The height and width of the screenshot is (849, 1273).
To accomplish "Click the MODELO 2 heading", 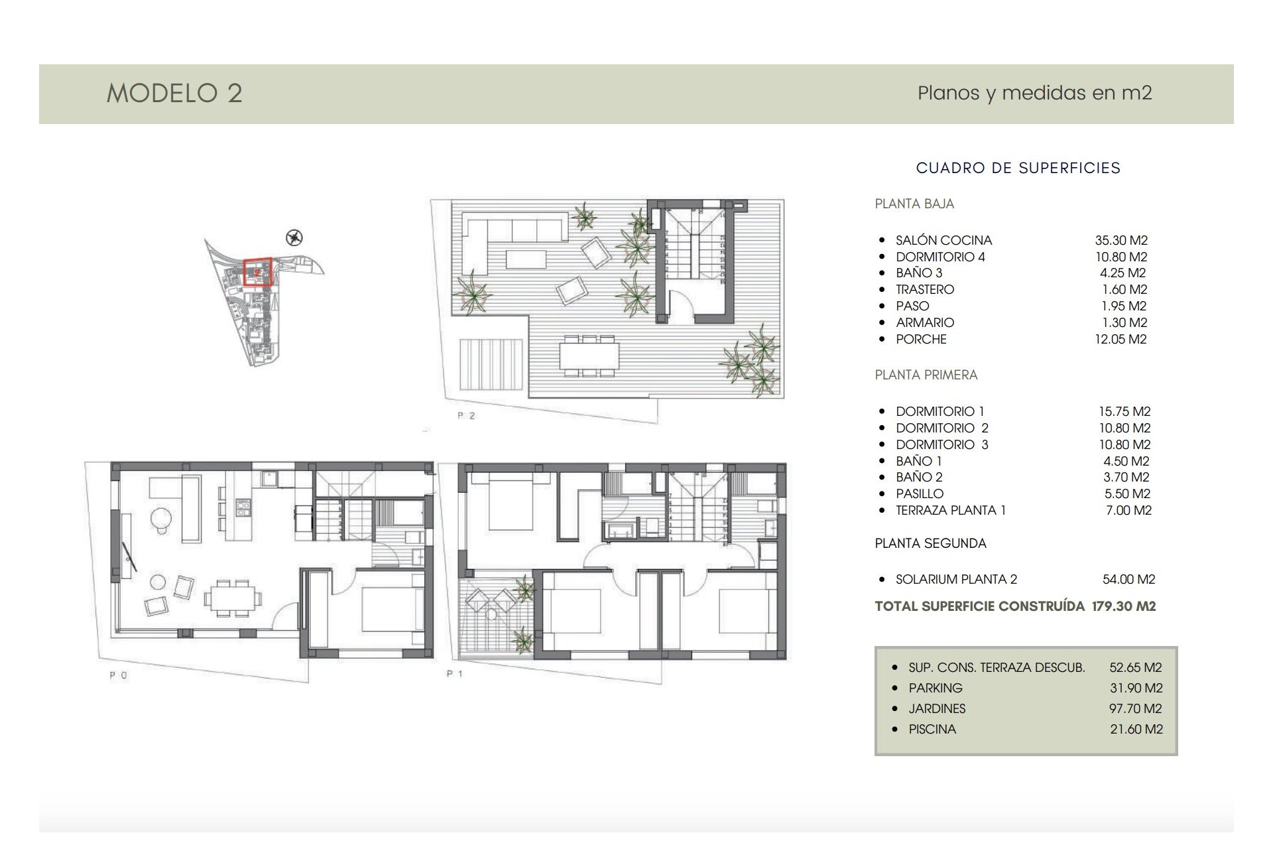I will pos(174,94).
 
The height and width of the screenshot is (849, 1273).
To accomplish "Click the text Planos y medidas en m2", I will pos(1034,93).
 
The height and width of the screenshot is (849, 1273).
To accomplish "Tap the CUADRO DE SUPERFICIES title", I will pos(1018,168).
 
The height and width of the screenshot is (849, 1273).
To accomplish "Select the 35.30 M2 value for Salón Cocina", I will pos(1121,240).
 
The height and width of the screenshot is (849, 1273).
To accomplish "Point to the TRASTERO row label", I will pos(925,289).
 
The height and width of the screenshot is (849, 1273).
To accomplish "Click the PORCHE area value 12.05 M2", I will pos(1121,339).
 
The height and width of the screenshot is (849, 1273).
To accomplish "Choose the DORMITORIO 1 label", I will pos(940,411).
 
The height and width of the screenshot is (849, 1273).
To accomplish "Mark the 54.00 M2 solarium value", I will pos(1128,579).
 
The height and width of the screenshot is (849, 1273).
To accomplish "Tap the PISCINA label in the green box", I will pos(932,729).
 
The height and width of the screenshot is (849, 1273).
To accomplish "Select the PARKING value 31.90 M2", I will pos(1136,688).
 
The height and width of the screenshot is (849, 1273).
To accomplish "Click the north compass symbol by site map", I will pos(294,237).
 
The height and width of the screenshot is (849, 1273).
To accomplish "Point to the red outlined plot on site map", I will pos(257,272).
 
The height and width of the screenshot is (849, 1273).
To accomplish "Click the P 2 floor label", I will pos(466,416).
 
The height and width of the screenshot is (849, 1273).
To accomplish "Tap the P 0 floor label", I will pos(119,675).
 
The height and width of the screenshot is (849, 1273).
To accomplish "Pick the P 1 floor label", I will pos(455,674).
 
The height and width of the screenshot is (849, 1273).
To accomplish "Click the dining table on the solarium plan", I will pos(589,356).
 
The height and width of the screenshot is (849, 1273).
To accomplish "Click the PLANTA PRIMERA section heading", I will pos(926,375).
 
